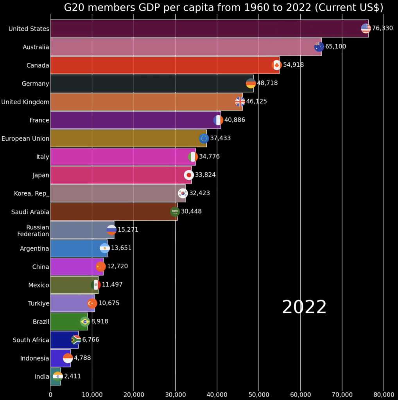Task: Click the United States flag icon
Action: (x=366, y=28)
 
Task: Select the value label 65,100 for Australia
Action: (x=335, y=46)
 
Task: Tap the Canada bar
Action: (x=164, y=65)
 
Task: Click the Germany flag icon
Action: (x=251, y=83)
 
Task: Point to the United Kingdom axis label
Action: (x=25, y=102)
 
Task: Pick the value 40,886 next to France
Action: (x=235, y=120)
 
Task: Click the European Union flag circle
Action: (x=204, y=138)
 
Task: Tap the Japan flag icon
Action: (x=189, y=175)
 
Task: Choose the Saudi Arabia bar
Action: (x=113, y=211)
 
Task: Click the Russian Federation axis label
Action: (x=33, y=230)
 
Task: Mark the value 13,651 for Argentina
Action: (x=121, y=248)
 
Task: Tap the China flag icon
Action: (x=100, y=266)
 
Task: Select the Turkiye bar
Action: (x=72, y=303)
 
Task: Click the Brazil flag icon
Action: (x=85, y=321)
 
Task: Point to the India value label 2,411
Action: (x=73, y=377)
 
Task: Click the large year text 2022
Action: (x=304, y=307)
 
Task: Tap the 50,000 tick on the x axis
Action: (x=259, y=395)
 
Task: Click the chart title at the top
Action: (x=223, y=7)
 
